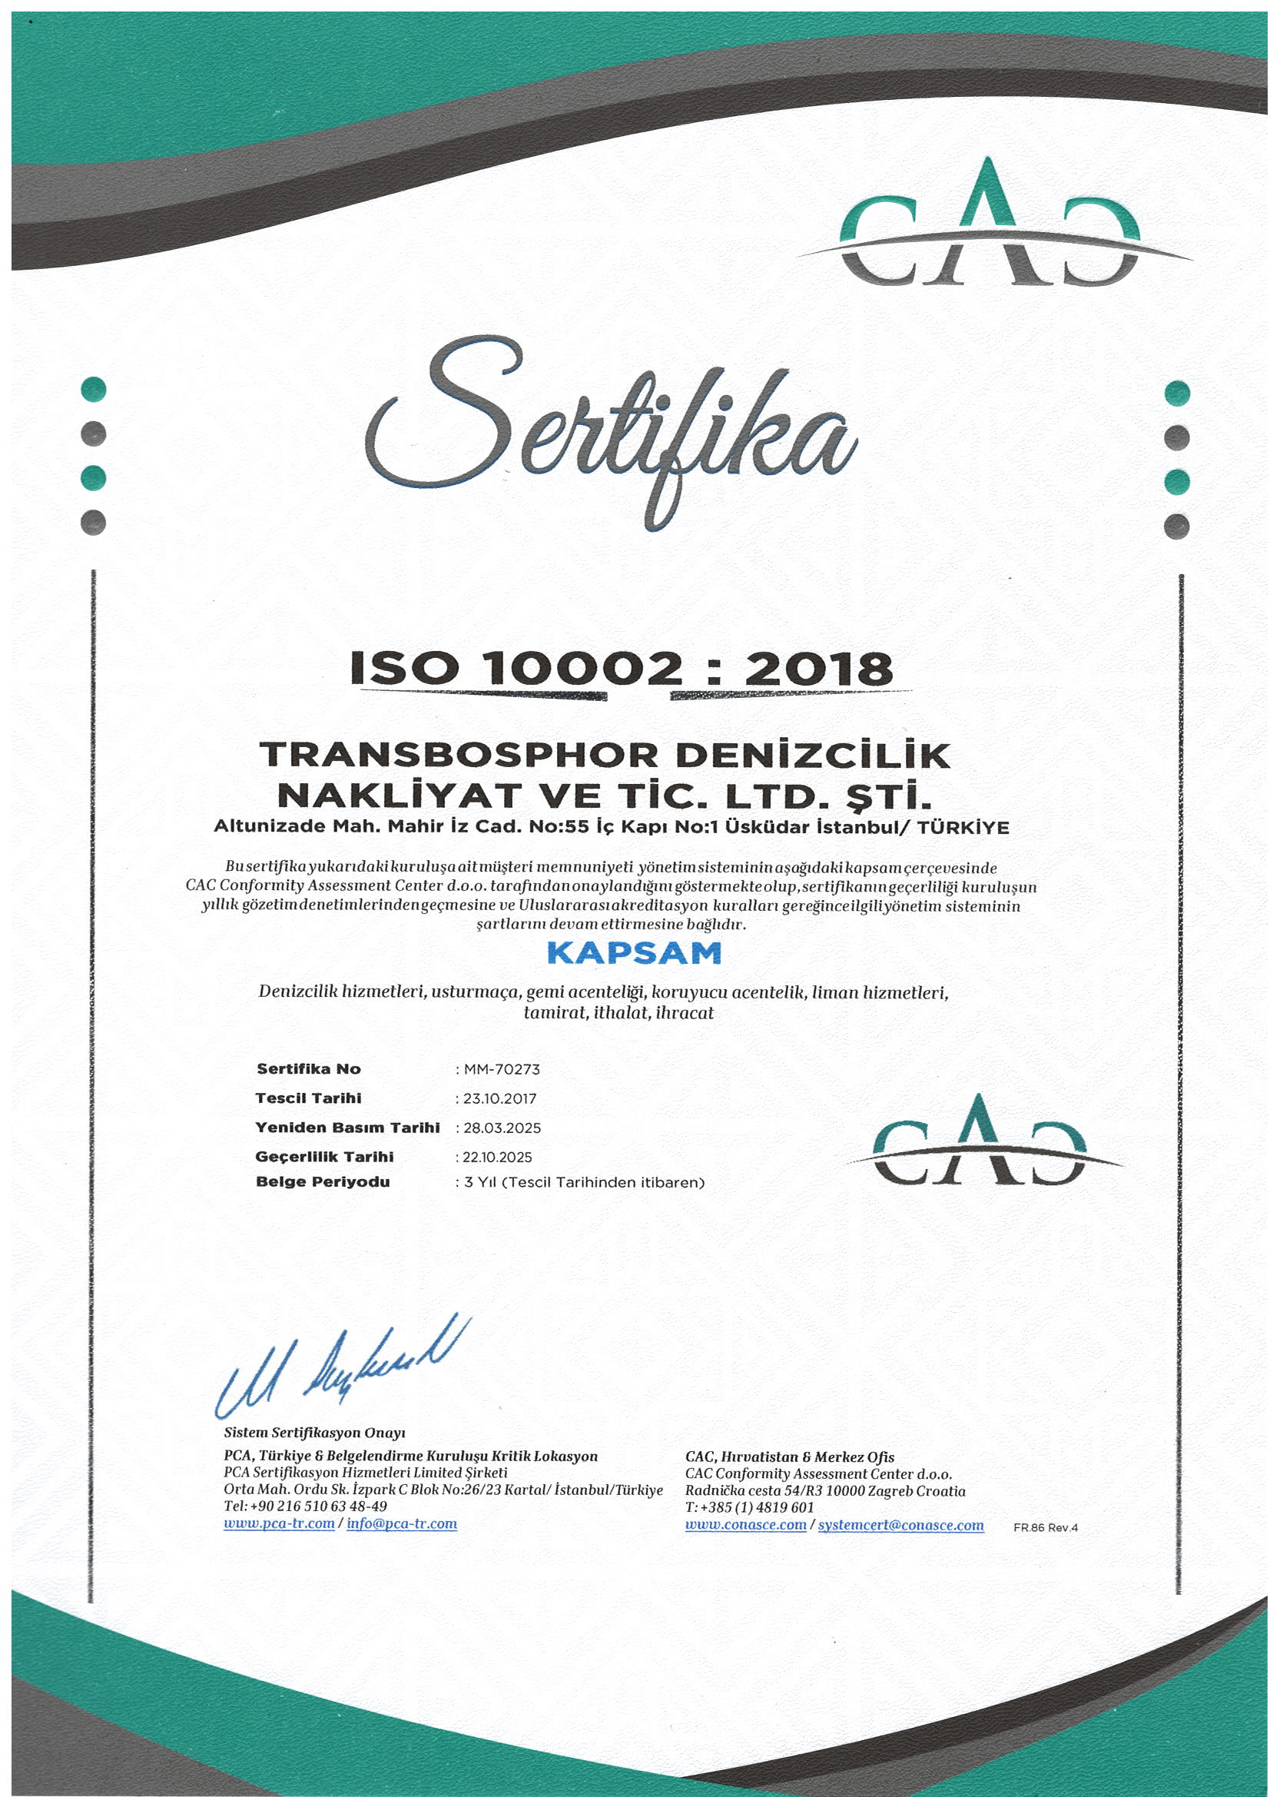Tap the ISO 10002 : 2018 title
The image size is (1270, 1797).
coord(622,669)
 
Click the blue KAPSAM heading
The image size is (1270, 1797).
coord(633,953)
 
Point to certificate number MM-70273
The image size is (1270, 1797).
coord(502,1069)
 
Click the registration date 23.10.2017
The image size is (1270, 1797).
coord(499,1098)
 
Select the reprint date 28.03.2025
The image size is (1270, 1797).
coord(502,1128)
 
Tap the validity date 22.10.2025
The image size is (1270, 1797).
coord(498,1157)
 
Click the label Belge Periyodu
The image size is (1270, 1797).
coord(323,1182)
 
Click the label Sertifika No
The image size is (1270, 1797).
coord(308,1069)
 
